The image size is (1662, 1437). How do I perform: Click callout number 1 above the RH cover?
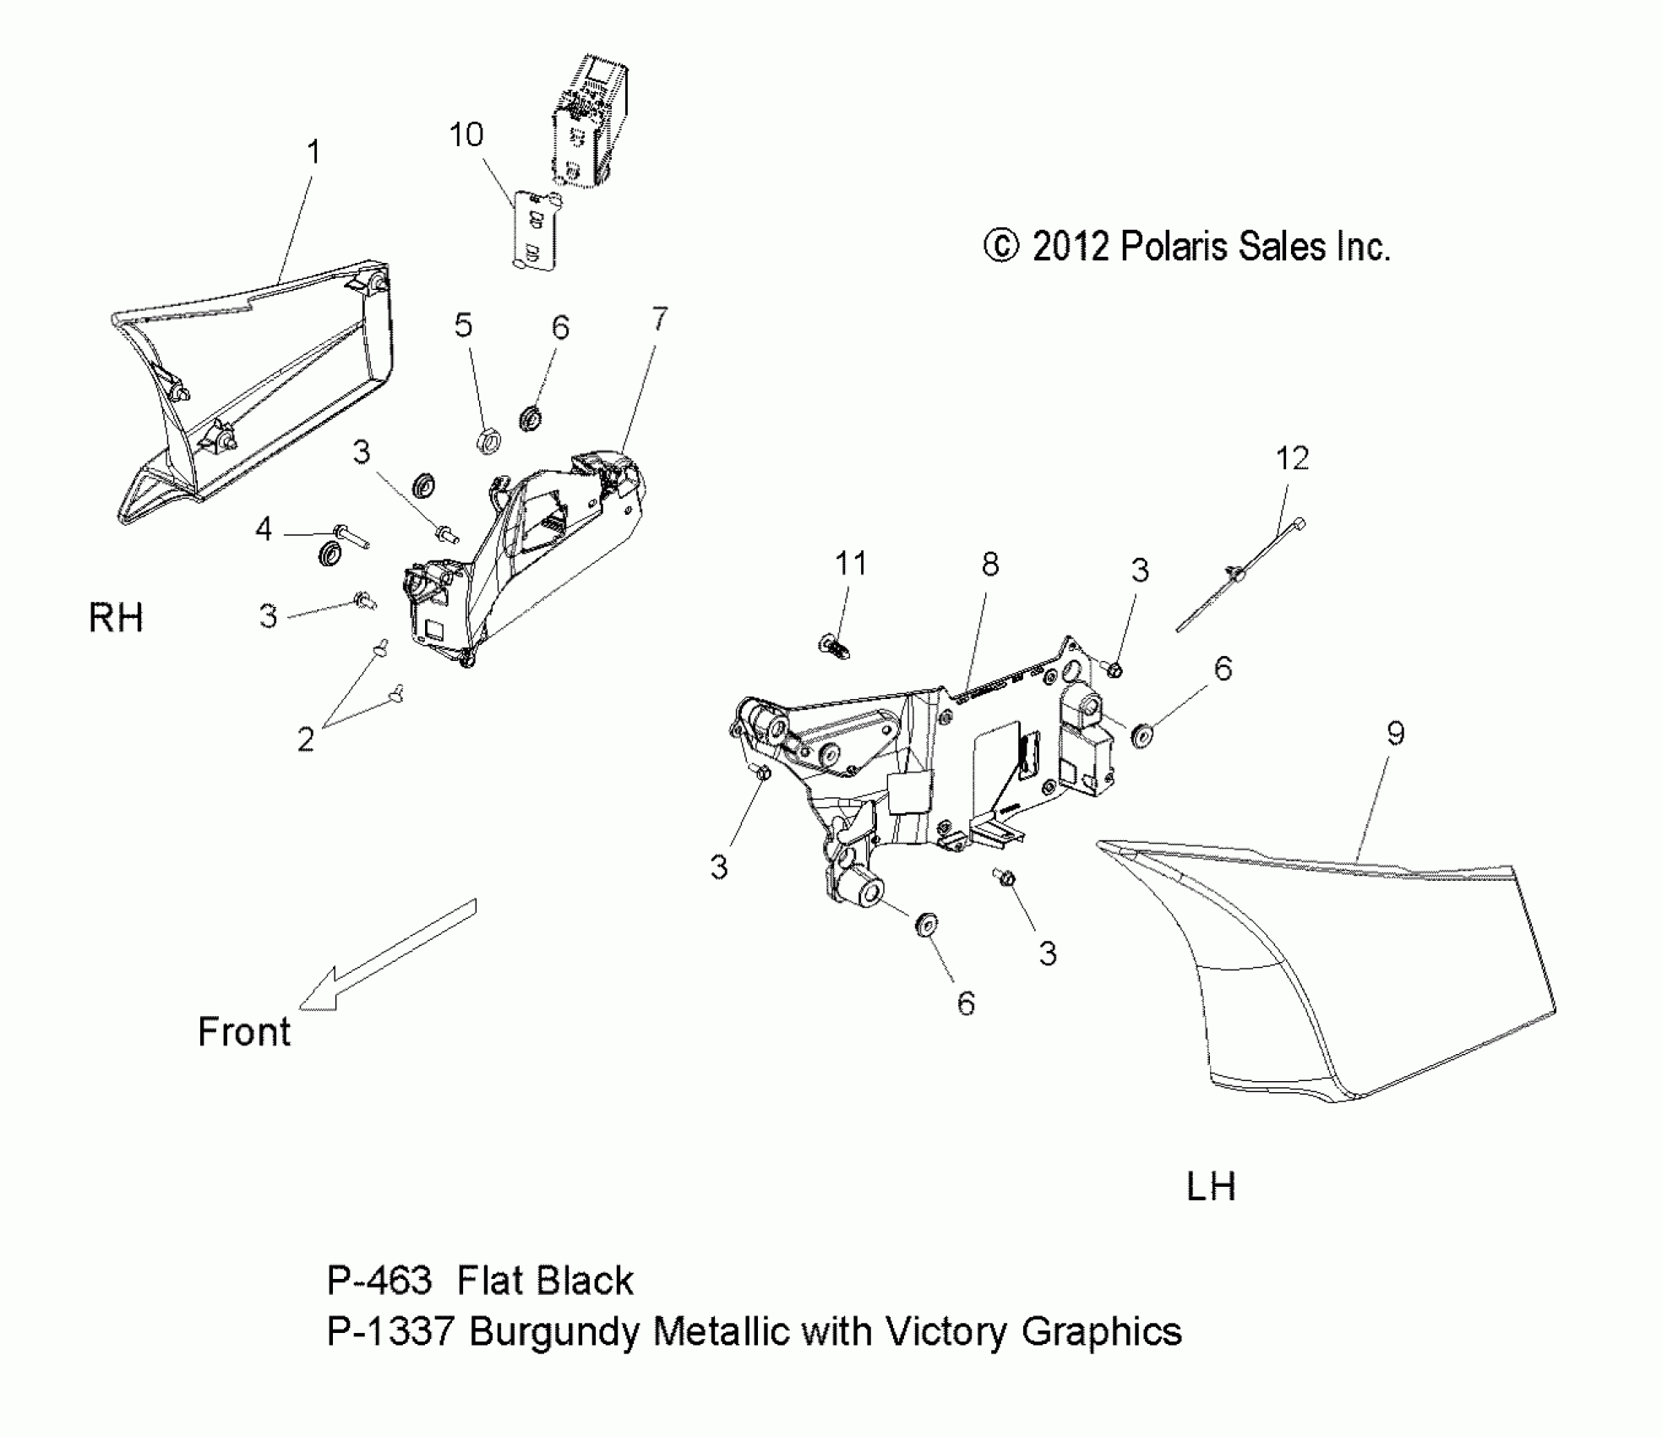pos(313,153)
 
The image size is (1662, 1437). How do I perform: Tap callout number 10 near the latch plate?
pos(466,135)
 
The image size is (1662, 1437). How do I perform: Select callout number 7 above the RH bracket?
pos(659,320)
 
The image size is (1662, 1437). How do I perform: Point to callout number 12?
pos(1292,459)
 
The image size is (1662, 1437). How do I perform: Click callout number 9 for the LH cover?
pos(1395,733)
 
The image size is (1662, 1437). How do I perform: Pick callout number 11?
pos(851,563)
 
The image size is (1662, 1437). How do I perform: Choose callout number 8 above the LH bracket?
pos(989,564)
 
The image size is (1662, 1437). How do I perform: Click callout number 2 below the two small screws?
pos(306,740)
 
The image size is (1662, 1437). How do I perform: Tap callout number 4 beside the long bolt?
pos(264,530)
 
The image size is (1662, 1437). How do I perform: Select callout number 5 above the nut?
pos(463,325)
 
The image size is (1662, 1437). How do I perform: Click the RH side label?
pos(116,618)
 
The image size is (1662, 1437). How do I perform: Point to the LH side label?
pos(1211,1187)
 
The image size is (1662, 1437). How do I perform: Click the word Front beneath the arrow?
pos(243,1032)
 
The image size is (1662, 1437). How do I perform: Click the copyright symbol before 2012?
pos(1001,247)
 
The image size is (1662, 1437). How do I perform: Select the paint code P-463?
pos(379,1281)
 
